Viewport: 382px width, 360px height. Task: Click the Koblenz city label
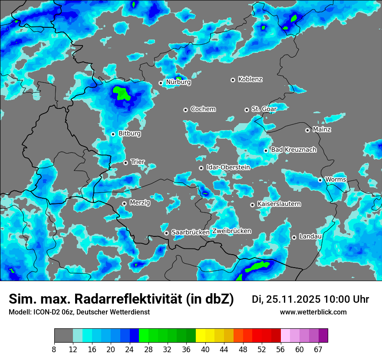coord(250,79)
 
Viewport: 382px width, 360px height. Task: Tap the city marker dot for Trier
coord(125,163)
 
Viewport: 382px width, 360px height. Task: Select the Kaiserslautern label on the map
coord(279,204)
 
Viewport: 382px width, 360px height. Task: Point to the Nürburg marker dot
coord(161,82)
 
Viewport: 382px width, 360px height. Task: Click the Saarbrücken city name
coord(191,232)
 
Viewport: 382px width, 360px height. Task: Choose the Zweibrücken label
coord(232,231)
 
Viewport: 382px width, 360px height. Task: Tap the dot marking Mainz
coord(307,130)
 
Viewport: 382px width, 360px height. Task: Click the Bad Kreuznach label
coord(293,150)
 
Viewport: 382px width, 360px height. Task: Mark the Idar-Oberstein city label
coord(228,167)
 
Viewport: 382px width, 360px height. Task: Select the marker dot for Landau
coord(294,237)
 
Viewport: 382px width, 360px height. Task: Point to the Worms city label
coord(336,179)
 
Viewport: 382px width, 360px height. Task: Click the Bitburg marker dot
coord(113,134)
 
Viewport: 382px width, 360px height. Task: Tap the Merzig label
coord(140,203)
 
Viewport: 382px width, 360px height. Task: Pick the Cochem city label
coord(203,109)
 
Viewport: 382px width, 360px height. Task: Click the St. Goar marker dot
coord(247,110)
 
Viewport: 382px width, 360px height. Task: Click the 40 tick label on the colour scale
coord(205,349)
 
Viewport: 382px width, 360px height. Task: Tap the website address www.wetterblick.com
coord(313,312)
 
